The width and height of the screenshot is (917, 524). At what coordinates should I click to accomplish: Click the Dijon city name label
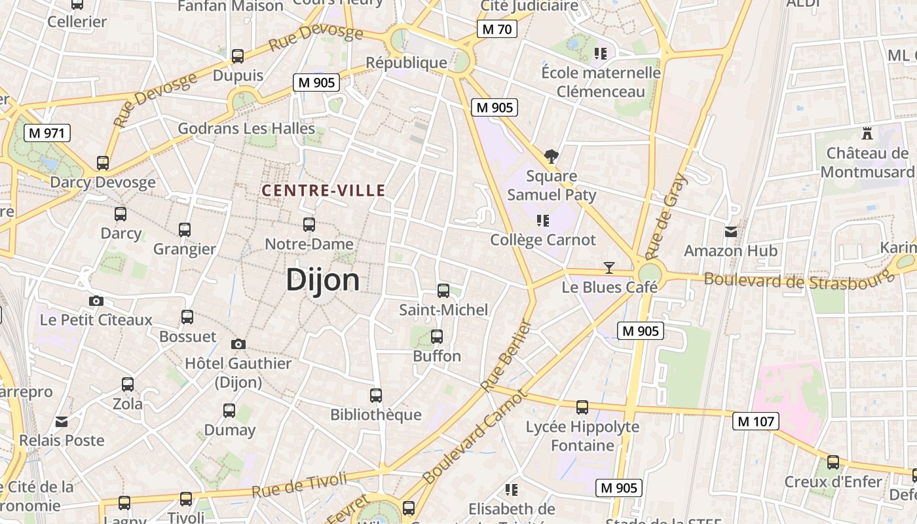(323, 280)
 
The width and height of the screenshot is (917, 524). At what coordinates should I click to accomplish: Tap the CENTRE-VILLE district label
(324, 191)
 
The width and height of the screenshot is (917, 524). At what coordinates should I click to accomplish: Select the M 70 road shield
(497, 29)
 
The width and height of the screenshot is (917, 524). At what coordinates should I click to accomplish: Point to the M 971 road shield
(47, 133)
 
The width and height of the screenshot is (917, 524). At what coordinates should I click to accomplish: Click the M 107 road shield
(756, 421)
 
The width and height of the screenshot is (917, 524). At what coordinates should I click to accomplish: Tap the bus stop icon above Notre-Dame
(309, 225)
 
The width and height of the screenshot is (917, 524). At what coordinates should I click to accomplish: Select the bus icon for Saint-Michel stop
(443, 291)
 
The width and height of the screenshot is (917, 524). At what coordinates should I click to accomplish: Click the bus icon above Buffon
(437, 337)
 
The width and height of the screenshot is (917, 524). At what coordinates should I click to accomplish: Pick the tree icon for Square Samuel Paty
(552, 157)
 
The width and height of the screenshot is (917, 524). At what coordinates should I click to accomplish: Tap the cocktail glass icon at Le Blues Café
(609, 268)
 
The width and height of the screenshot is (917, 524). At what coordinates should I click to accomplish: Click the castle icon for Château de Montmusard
(867, 134)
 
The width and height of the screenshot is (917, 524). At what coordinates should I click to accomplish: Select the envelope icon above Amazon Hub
(731, 232)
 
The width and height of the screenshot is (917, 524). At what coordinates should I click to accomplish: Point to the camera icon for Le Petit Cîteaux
(96, 301)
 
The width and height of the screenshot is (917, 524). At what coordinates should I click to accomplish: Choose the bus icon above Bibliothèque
(376, 396)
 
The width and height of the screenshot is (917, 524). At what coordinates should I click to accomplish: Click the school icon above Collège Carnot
(542, 220)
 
